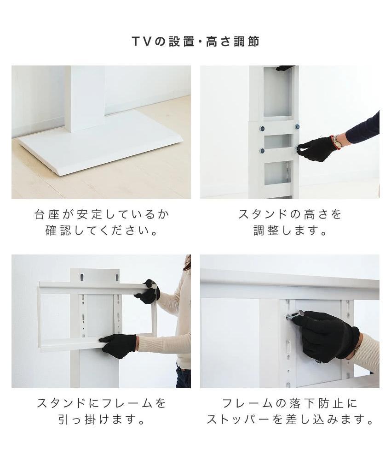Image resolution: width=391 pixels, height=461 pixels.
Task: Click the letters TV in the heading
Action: pyautogui.click(x=142, y=41)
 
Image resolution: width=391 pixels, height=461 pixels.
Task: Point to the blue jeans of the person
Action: pyautogui.click(x=183, y=377)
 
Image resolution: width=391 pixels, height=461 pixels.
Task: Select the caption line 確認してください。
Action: pyautogui.click(x=101, y=230)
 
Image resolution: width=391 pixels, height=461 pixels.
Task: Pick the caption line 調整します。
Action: pyautogui.click(x=290, y=230)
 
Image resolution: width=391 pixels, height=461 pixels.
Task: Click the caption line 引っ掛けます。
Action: pyautogui.click(x=101, y=420)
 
